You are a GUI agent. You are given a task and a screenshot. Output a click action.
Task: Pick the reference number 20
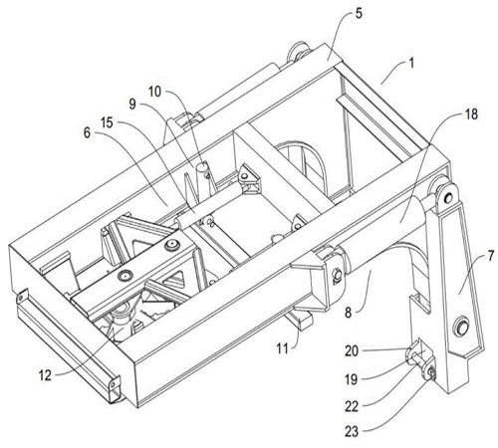point(379,349)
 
